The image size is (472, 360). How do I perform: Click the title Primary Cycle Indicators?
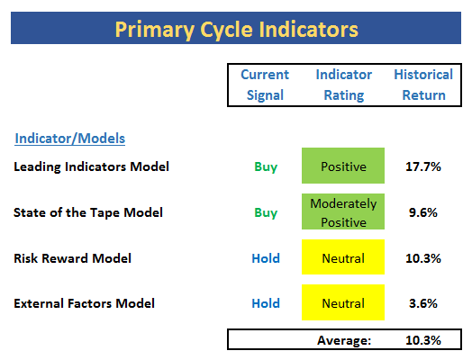coord(237,30)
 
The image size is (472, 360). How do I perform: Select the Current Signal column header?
coord(265,85)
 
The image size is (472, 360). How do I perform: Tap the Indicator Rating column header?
coord(344,85)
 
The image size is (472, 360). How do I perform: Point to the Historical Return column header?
coord(423,85)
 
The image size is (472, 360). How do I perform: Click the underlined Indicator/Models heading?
coord(70,139)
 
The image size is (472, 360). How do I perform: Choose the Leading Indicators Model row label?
coord(92,166)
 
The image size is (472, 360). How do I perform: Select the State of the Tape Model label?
coord(88,212)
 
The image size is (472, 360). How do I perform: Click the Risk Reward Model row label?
coord(73,258)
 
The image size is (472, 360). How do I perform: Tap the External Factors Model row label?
coord(85,303)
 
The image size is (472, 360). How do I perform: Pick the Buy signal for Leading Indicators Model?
coord(266,166)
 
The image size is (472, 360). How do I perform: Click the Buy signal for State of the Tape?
coord(266,213)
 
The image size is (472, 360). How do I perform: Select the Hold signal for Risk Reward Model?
coord(266,258)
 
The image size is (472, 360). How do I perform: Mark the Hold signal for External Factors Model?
coord(266,303)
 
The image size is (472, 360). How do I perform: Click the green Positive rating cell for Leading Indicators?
coord(343,166)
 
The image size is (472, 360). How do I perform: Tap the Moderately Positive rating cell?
coord(343,211)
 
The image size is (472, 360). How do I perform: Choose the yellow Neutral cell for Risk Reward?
coord(343,257)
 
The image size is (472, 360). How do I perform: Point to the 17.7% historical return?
coord(423,166)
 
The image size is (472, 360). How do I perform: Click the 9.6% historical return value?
coord(423,212)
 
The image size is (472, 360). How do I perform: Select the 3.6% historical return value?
coord(423,303)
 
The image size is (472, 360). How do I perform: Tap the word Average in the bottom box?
coord(344,340)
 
